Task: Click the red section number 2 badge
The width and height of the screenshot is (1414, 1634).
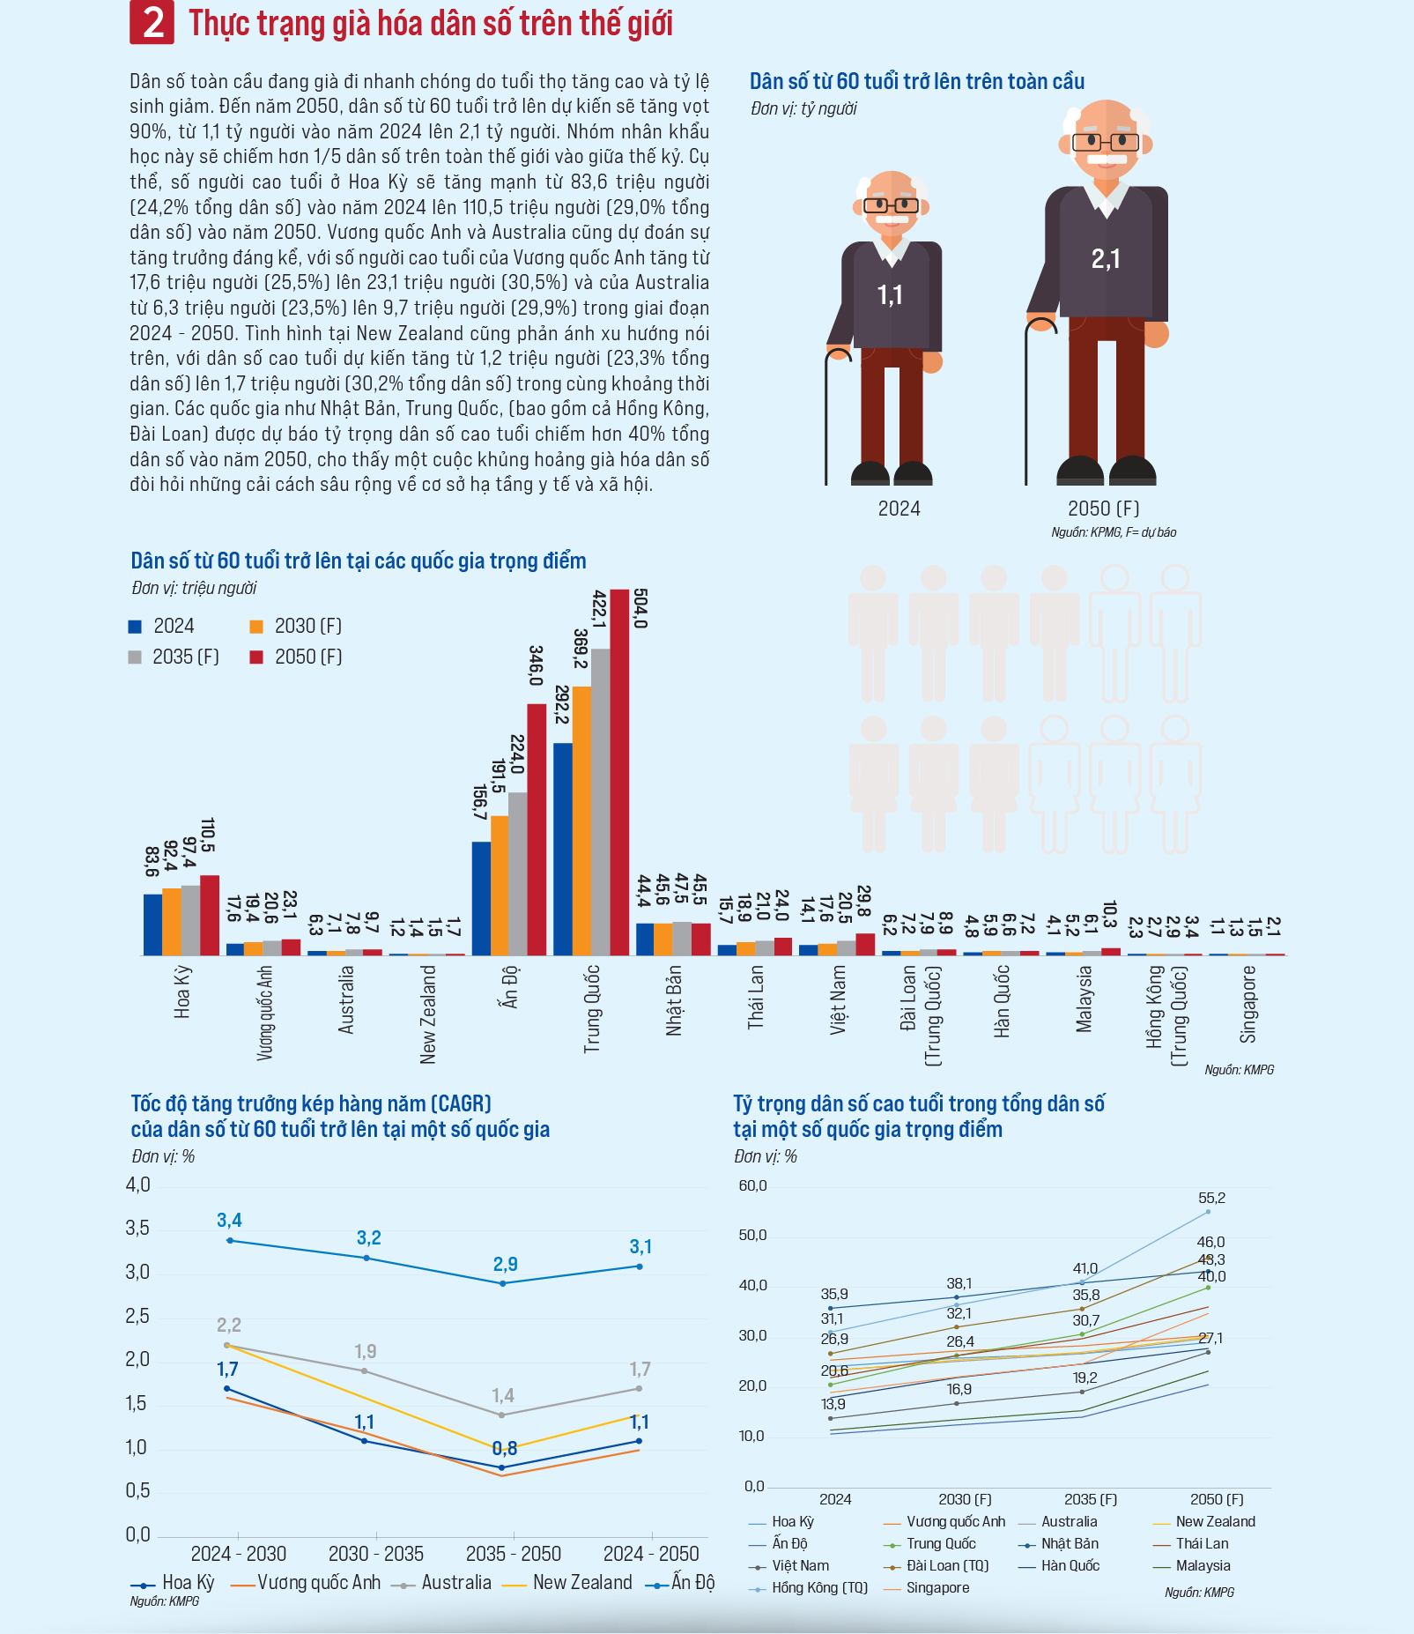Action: click(x=152, y=22)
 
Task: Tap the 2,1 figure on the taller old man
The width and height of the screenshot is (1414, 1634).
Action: click(x=1106, y=259)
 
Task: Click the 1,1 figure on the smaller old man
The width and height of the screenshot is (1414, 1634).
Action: click(x=890, y=294)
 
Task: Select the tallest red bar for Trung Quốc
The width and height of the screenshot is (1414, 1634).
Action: click(x=619, y=771)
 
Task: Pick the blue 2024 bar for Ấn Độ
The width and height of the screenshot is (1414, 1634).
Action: click(x=481, y=898)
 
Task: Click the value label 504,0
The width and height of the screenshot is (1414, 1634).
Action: click(x=640, y=608)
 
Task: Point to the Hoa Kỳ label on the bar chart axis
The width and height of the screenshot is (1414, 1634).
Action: click(x=182, y=992)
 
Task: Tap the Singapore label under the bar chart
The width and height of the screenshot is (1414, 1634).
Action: click(x=1248, y=1004)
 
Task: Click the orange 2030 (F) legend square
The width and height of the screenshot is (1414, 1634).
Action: click(x=256, y=627)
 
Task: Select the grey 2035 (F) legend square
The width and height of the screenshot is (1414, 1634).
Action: click(x=135, y=657)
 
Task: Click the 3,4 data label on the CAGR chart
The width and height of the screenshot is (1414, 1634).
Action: click(x=229, y=1221)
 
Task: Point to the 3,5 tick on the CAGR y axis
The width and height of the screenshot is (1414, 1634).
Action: click(x=138, y=1229)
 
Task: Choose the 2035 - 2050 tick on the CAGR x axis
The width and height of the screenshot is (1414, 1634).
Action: click(x=514, y=1554)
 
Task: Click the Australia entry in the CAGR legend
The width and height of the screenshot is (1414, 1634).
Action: click(x=455, y=1583)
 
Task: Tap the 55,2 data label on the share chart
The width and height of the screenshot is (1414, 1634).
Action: click(x=1211, y=1199)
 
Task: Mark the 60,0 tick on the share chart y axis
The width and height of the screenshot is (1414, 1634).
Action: click(x=752, y=1186)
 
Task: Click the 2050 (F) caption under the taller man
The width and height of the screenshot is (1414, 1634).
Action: click(x=1103, y=509)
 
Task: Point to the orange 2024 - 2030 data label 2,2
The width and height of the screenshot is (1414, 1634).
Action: click(x=229, y=1326)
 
